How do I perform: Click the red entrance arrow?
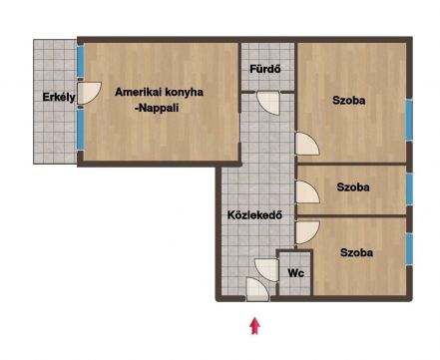coord(254,326)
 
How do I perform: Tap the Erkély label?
coord(59,97)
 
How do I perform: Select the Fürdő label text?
coord(265,69)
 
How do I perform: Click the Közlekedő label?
coord(254,214)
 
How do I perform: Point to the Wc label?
coord(295,273)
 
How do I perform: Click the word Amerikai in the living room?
coord(139,92)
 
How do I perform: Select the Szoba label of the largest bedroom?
coord(348,100)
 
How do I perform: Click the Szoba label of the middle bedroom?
coord(353,187)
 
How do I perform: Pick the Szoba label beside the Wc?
coord(356,252)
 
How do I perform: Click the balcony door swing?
coord(89,94)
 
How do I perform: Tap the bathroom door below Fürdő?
coord(268,103)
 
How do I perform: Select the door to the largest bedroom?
coord(307,144)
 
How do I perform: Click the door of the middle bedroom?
coord(307,192)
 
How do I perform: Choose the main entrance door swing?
coord(257,289)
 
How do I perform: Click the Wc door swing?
coord(266,270)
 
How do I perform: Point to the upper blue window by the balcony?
coord(80,62)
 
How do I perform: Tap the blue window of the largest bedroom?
coord(409,120)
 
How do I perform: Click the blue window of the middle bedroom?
coord(409,188)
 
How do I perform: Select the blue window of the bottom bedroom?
coord(409,248)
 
